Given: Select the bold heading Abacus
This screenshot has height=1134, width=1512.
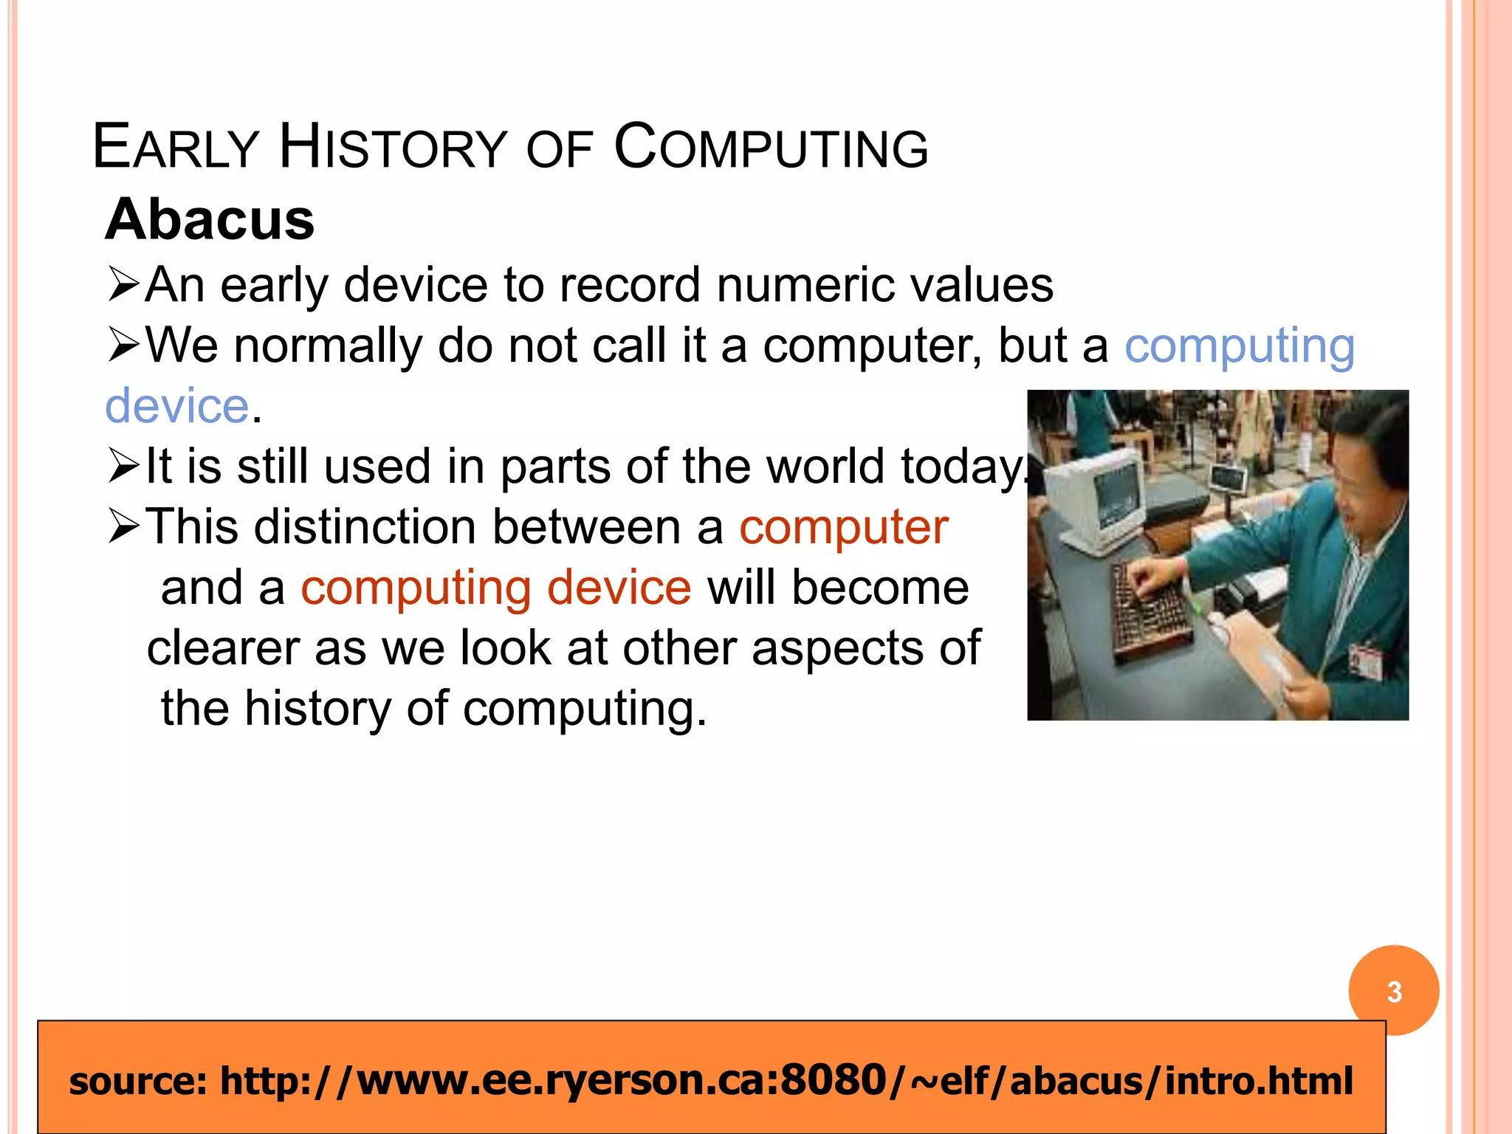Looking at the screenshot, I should (x=210, y=219).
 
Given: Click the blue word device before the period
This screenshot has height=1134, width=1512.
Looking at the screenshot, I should (x=177, y=406).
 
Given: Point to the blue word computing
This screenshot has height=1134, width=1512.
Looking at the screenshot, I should (x=1239, y=346).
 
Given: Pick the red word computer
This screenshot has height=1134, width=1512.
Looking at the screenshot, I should (x=843, y=527).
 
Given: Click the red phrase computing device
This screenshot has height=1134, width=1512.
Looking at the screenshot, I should (x=496, y=588).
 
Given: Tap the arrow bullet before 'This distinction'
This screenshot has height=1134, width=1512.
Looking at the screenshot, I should (x=123, y=526).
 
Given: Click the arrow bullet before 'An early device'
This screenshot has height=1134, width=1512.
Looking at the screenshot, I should (x=123, y=285).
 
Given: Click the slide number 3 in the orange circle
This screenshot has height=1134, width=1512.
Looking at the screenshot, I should (x=1393, y=991).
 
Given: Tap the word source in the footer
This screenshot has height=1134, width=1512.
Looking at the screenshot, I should (x=137, y=1081).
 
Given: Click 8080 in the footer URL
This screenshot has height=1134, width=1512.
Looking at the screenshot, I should (x=833, y=1081).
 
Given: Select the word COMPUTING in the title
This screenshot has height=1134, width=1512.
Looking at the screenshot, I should (x=771, y=147).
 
